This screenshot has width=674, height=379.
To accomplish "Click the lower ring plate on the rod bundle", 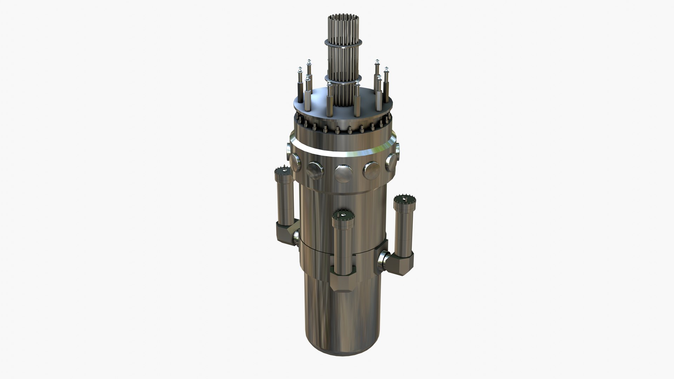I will coord(342,78).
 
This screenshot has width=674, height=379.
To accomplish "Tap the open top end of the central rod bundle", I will coord(342,16).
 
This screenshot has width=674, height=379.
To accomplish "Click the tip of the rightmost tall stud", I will coord(386,69).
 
